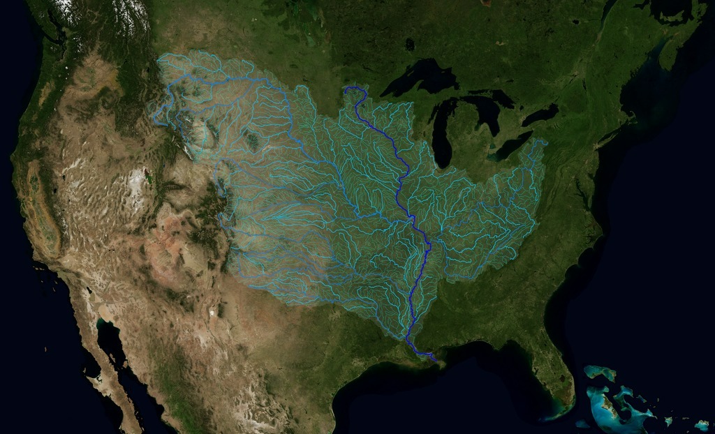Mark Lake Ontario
pos(540,113)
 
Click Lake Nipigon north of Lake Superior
pos(409,44)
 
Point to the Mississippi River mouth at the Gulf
pos(434,359)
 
